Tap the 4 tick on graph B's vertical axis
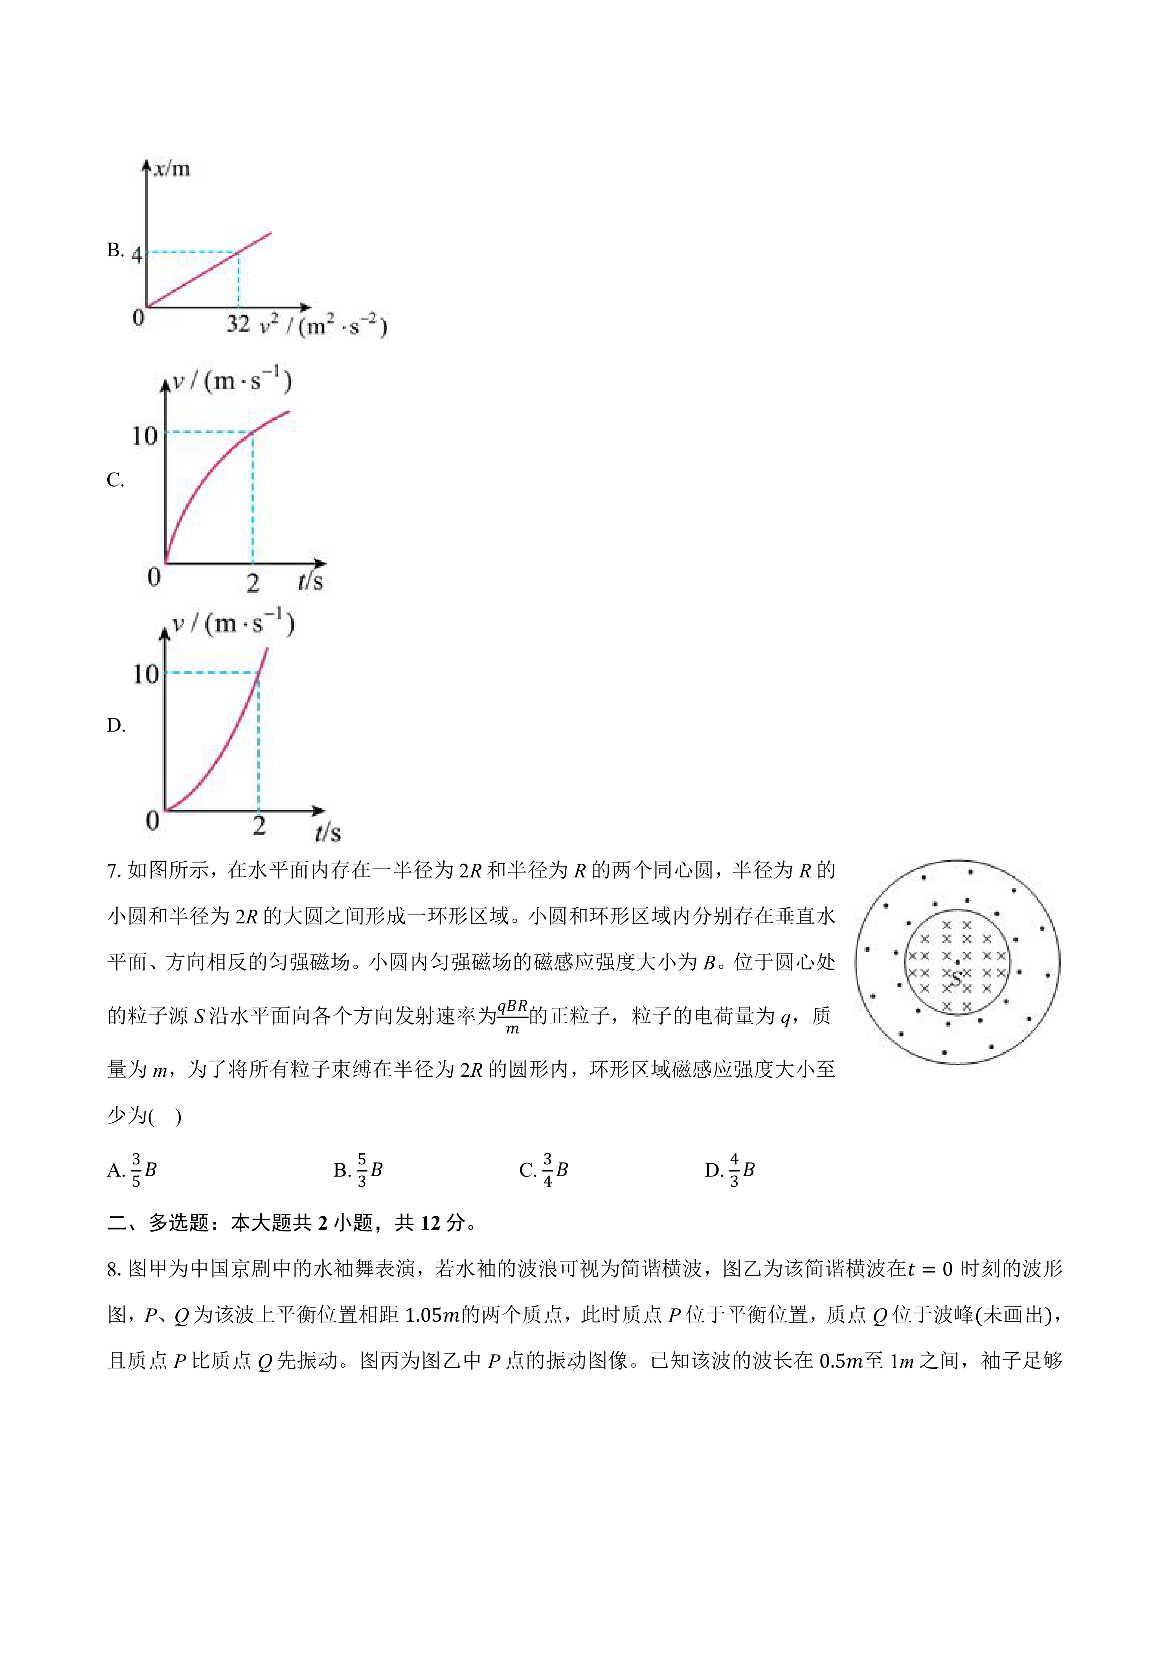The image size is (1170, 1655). point(136,253)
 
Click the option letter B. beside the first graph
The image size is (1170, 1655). point(115,250)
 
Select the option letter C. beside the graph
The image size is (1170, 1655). point(115,480)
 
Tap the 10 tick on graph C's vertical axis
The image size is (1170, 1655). point(144,436)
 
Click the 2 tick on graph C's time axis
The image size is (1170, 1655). point(253,583)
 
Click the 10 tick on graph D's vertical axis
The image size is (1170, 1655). point(145,675)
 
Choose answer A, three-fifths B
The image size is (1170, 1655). point(132,1170)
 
